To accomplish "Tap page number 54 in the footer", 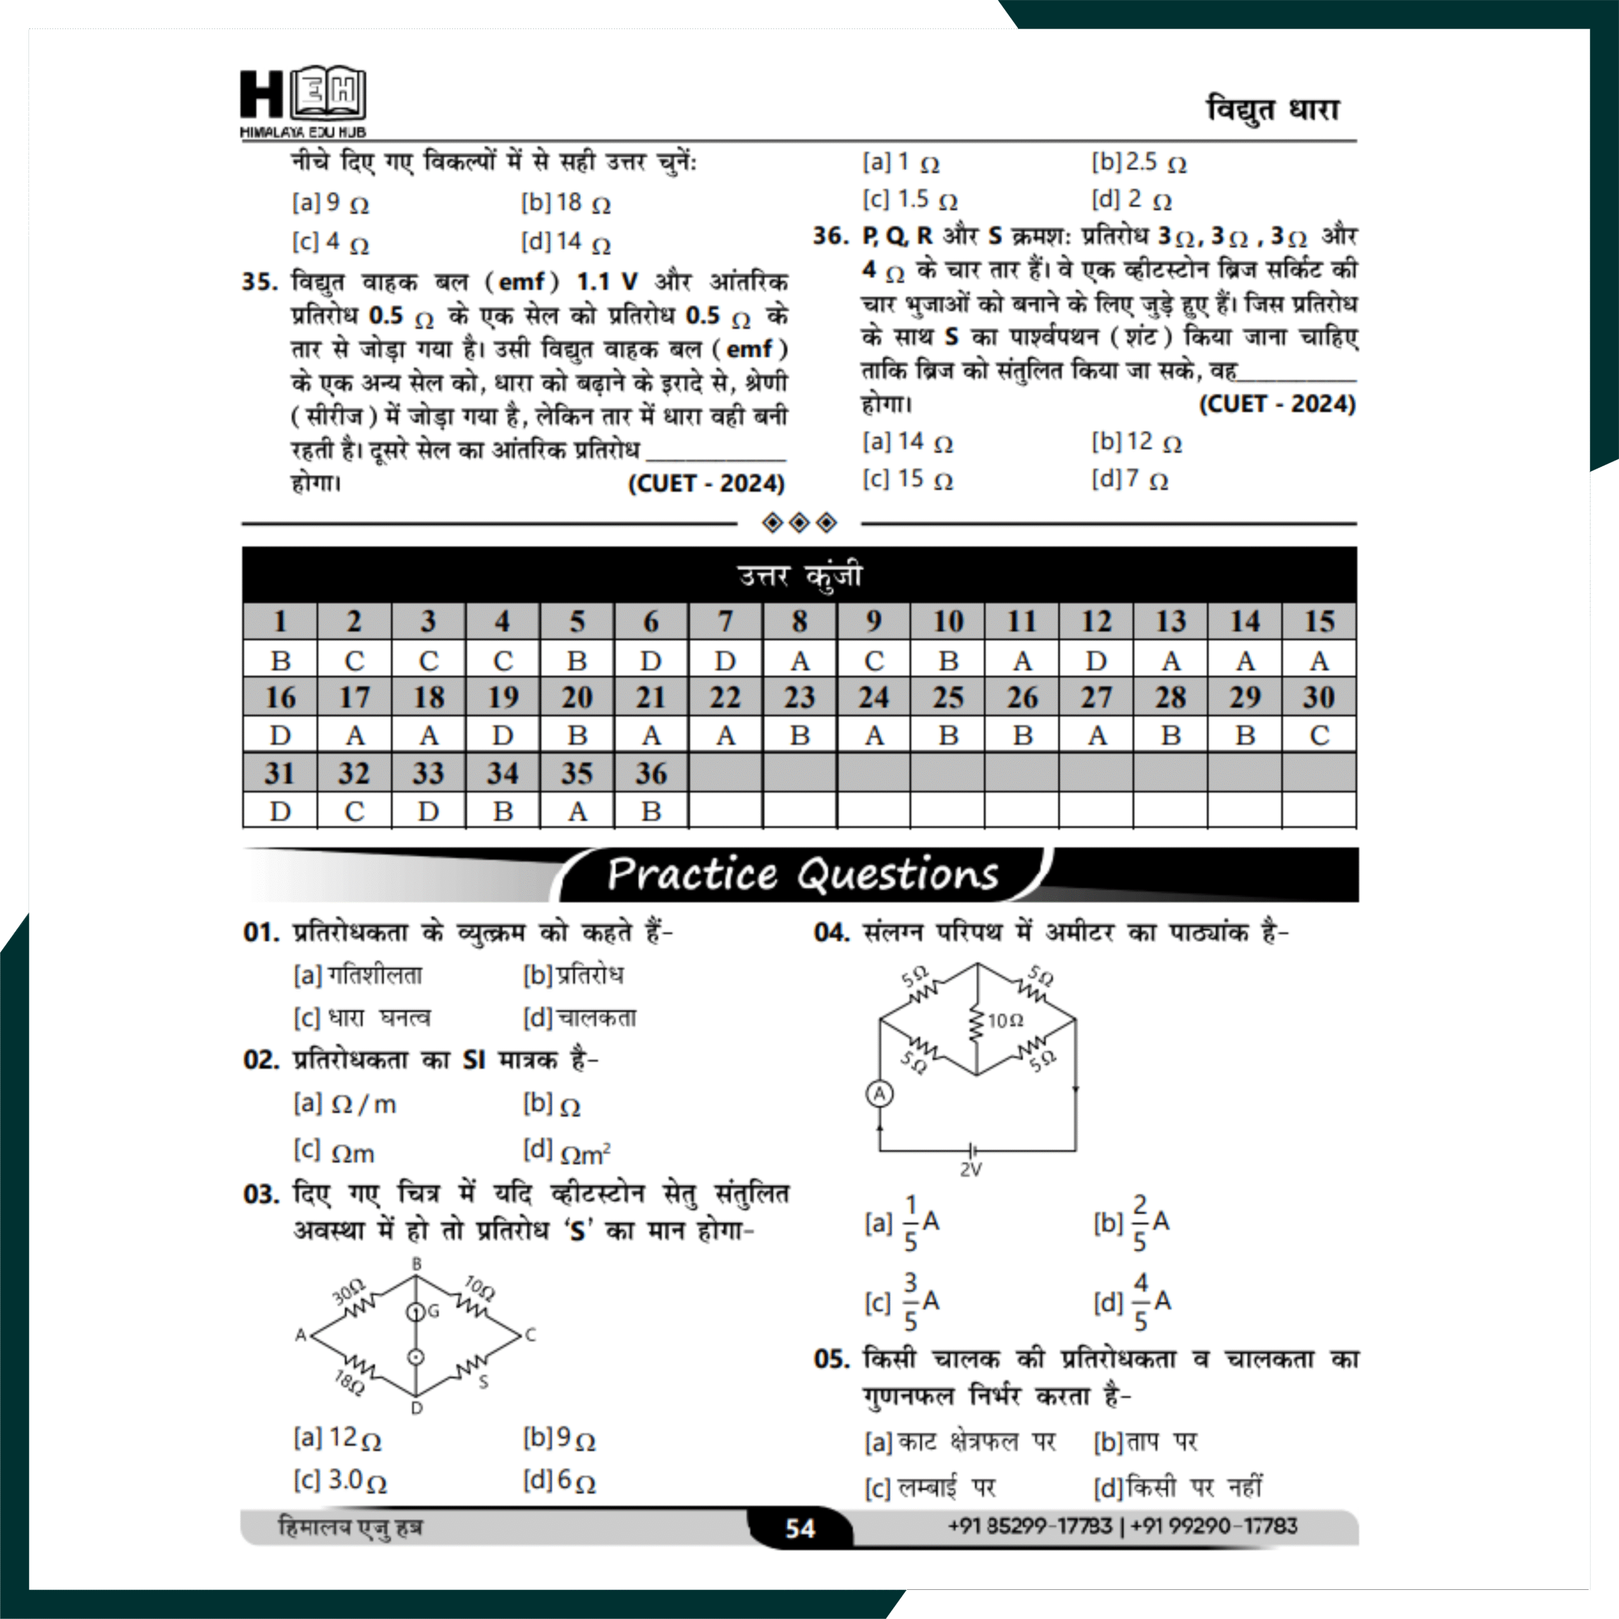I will [799, 1528].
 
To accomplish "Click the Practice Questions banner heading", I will [802, 874].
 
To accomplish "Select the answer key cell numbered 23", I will [799, 697].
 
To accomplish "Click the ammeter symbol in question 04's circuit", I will [879, 1093].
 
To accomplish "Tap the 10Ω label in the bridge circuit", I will [1006, 1020].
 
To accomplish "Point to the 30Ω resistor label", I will [348, 1291].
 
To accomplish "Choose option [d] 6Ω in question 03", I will [559, 1482].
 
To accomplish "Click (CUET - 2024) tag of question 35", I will [706, 484].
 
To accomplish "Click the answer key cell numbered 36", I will [651, 773].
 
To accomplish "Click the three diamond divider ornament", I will [799, 523].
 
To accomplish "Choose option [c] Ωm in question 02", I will [335, 1152].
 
